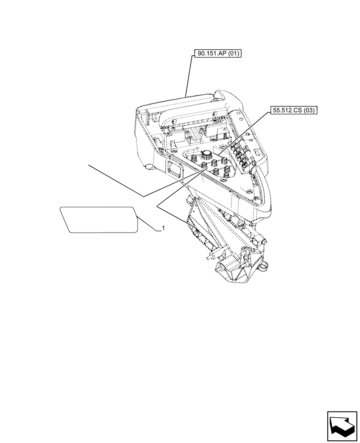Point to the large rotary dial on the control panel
click(206, 154)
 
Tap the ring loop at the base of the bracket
click(265, 266)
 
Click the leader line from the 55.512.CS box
click(244, 133)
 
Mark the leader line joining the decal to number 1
click(148, 223)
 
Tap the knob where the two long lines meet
click(203, 165)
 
